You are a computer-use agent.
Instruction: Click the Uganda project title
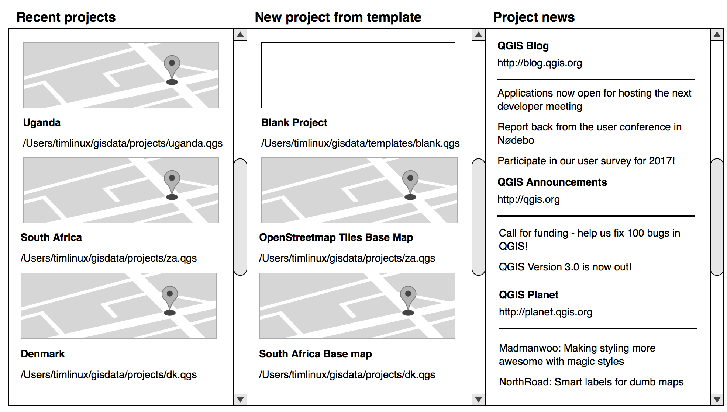coord(42,122)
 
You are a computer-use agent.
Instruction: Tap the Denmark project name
coord(43,354)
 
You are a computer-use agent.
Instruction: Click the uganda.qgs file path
coord(123,143)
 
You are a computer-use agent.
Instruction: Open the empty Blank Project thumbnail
coord(358,75)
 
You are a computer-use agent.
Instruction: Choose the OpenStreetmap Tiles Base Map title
coord(336,237)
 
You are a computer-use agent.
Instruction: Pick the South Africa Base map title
coord(315,354)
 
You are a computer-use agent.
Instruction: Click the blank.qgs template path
coord(360,143)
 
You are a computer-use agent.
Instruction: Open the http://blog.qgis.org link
coord(540,63)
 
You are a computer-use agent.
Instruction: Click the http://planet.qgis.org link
coord(545,312)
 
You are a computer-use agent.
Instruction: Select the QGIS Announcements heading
coord(552,182)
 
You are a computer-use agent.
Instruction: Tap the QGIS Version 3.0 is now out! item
coord(565,267)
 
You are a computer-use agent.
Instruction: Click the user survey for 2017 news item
coord(586,161)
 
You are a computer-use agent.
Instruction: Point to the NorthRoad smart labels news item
coord(591,382)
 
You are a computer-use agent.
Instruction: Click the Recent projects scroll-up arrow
coord(240,35)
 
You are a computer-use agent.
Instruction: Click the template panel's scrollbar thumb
coord(479,217)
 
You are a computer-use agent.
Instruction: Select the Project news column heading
coord(534,17)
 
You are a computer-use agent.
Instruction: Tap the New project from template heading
coord(338,17)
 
